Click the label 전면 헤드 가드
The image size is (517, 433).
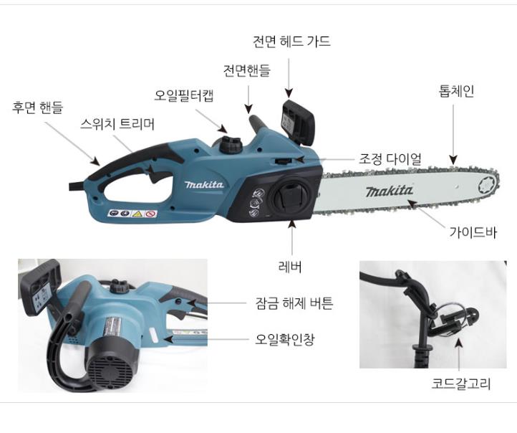(291, 42)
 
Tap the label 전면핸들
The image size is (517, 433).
(246, 70)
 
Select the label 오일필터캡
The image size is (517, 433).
(184, 95)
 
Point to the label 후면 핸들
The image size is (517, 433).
(37, 108)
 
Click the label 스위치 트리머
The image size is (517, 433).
(117, 124)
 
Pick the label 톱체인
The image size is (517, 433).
(457, 91)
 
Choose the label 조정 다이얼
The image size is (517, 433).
(390, 159)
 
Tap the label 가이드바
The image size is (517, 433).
(473, 232)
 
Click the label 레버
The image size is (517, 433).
(290, 267)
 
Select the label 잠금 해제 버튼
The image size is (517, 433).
(294, 303)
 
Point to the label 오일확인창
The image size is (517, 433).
(285, 339)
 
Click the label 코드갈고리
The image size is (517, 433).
(461, 384)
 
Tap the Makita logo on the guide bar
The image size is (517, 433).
(389, 191)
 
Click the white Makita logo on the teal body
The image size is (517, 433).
(204, 184)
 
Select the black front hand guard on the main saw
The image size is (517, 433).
(297, 122)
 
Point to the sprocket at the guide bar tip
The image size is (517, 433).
(488, 184)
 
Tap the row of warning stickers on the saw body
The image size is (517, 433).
(132, 214)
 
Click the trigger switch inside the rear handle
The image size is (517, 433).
(153, 173)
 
